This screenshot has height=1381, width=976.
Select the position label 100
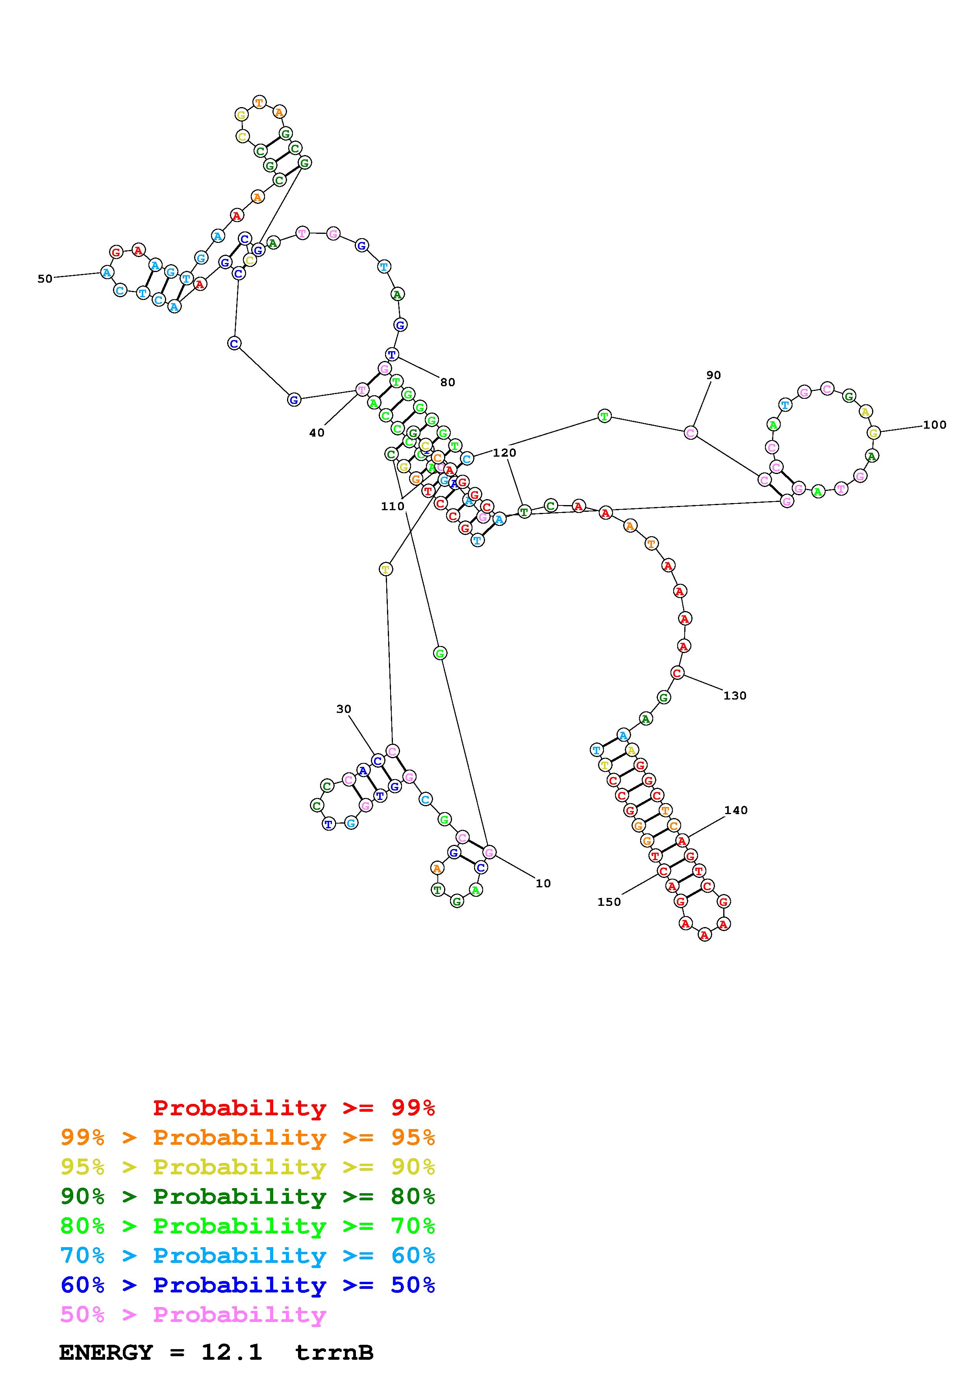[935, 425]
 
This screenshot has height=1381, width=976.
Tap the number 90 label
[713, 375]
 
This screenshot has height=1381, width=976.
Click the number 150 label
[609, 902]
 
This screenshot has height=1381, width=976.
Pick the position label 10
[543, 883]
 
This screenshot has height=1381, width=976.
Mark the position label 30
[343, 709]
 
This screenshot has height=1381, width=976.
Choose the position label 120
[504, 453]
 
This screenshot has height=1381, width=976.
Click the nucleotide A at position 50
[106, 272]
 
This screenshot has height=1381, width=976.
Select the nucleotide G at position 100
[874, 433]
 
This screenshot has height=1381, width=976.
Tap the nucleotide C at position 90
[691, 433]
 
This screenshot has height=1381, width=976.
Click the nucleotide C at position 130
[677, 673]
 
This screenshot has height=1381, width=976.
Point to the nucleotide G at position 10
[489, 852]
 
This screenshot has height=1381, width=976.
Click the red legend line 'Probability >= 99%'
[293, 1108]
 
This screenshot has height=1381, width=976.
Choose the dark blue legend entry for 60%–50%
[247, 1285]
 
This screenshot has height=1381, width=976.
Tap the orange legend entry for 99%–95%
[247, 1137]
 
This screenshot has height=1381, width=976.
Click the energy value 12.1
[231, 1353]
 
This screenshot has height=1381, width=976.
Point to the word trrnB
[334, 1353]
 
